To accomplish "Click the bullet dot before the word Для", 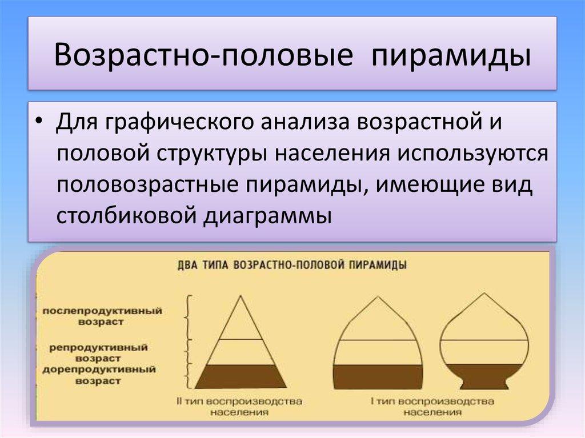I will pos(38,126).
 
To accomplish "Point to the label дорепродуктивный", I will pos(98,370).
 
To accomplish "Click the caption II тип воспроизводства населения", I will pos(240,406).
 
